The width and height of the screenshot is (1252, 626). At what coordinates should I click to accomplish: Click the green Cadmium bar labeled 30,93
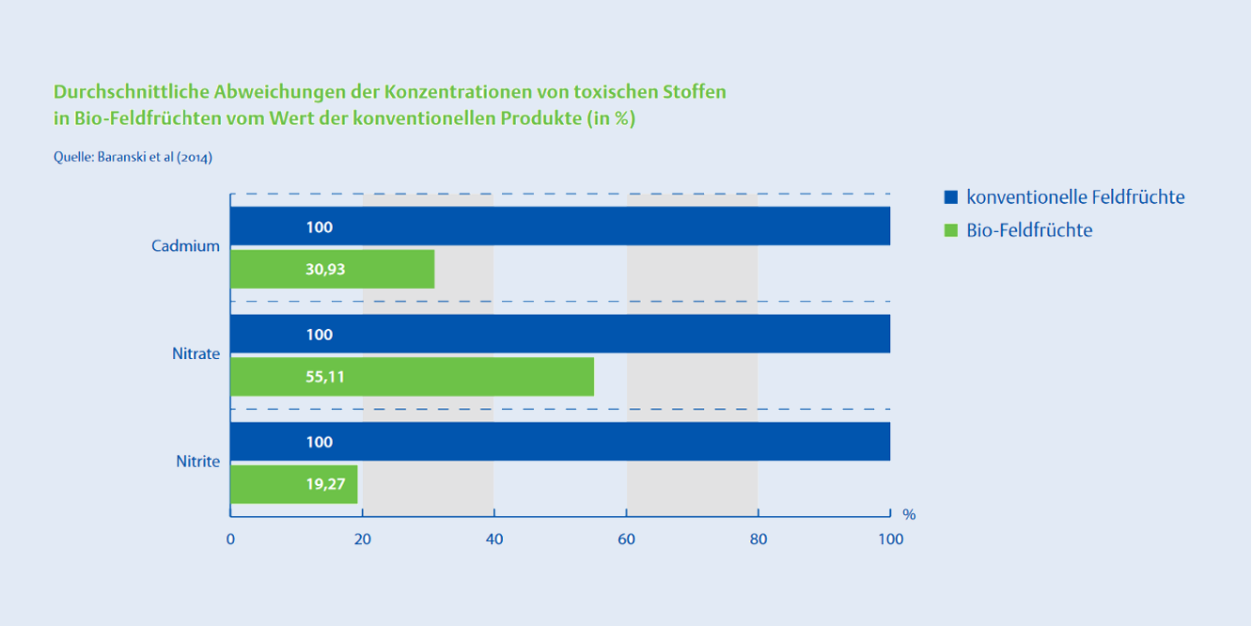click(x=333, y=269)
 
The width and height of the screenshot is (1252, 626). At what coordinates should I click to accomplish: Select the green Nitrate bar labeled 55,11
click(x=413, y=377)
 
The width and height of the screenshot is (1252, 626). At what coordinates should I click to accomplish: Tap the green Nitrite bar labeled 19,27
click(x=294, y=484)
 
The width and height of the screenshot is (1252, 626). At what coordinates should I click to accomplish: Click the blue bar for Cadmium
click(x=560, y=226)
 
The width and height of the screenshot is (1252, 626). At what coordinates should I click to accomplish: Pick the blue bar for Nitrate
click(x=560, y=334)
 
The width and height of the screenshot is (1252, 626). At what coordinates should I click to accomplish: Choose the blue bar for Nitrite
click(x=560, y=442)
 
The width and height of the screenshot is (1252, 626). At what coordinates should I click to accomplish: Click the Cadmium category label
click(x=185, y=246)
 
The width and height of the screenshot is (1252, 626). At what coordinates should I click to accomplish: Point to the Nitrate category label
click(x=196, y=353)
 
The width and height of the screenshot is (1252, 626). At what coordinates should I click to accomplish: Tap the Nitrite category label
click(x=198, y=462)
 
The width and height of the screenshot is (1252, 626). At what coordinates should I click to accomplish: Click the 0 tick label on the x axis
click(x=230, y=540)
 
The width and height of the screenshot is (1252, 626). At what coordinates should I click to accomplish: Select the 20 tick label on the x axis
click(x=363, y=540)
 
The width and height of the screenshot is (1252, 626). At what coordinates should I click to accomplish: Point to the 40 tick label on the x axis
click(x=494, y=540)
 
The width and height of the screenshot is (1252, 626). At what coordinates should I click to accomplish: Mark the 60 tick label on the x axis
click(x=627, y=540)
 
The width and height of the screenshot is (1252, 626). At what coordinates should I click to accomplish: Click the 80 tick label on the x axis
click(x=759, y=540)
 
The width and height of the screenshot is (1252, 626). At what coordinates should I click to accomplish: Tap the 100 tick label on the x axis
click(x=890, y=540)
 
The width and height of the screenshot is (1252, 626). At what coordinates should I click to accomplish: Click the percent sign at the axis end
click(x=909, y=515)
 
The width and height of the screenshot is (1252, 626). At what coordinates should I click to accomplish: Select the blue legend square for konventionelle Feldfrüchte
click(x=950, y=196)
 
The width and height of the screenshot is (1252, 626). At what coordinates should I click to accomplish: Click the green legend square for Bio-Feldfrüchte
click(x=950, y=229)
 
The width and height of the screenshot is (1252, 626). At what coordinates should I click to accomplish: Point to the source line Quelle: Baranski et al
click(x=133, y=157)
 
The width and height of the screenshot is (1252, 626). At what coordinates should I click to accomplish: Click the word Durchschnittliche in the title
click(x=132, y=92)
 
